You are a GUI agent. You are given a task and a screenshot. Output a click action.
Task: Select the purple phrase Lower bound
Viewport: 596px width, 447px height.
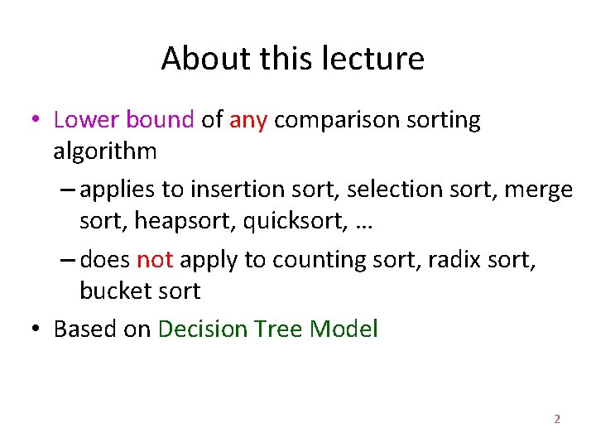pyautogui.click(x=123, y=120)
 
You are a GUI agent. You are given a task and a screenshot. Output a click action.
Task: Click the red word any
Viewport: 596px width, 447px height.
pyautogui.click(x=248, y=121)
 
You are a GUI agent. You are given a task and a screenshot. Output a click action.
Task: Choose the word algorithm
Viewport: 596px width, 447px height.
pyautogui.click(x=104, y=151)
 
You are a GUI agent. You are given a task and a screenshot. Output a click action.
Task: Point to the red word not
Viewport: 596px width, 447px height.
pyautogui.click(x=155, y=260)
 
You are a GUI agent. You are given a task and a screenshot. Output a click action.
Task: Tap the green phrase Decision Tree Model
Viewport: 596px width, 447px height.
pyautogui.click(x=267, y=329)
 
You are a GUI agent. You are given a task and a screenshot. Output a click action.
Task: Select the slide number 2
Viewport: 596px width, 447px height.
pyautogui.click(x=556, y=420)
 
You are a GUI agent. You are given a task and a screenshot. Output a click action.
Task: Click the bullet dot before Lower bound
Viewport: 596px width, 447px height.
pyautogui.click(x=35, y=121)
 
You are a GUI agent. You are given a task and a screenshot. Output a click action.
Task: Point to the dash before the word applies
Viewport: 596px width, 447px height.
pyautogui.click(x=69, y=190)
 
